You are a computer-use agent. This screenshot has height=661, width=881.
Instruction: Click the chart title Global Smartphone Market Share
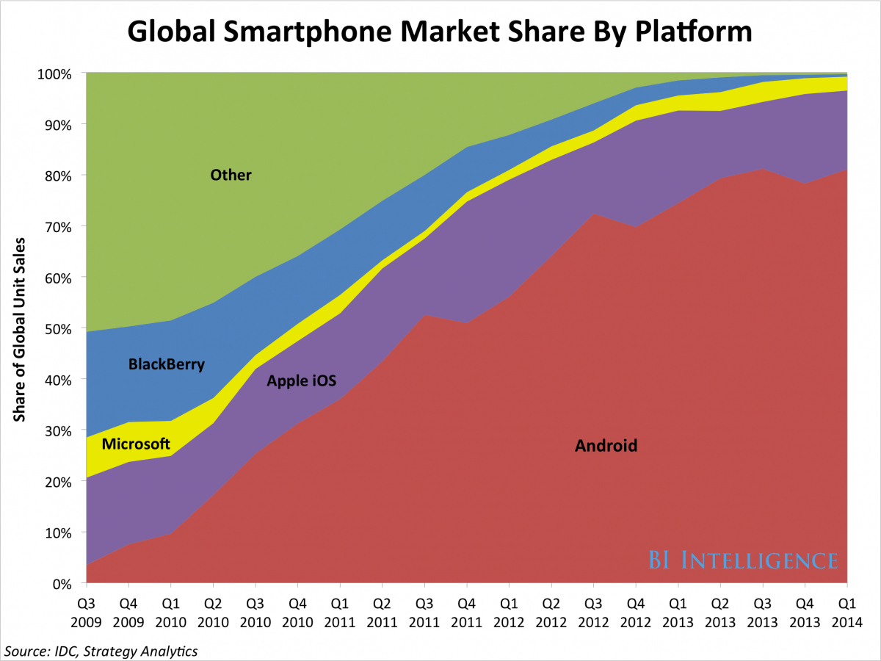(x=440, y=32)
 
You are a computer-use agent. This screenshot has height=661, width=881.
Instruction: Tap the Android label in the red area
(x=606, y=445)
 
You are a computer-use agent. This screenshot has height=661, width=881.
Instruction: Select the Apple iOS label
(x=301, y=380)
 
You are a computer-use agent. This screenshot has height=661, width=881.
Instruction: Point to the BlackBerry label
(x=166, y=364)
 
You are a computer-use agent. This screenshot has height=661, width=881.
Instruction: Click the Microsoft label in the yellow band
(x=136, y=444)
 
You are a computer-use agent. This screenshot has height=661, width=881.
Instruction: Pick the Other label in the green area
(x=231, y=175)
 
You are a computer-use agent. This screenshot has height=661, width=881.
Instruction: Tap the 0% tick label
(x=63, y=584)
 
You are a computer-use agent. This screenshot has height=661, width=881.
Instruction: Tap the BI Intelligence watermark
(x=742, y=560)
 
